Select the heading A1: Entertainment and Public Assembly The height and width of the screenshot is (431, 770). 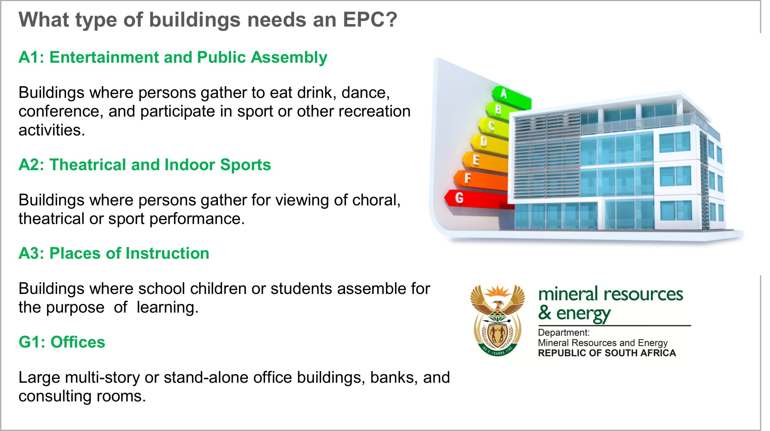coord(173,57)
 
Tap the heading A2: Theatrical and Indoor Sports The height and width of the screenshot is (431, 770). coord(145,165)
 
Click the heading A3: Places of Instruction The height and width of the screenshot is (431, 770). coord(114,253)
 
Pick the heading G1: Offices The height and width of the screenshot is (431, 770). coord(62,342)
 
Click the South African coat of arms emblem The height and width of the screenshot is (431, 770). coord(497,320)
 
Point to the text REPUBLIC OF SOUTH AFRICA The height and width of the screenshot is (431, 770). coord(607,353)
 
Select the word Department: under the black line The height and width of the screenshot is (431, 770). coord(564,332)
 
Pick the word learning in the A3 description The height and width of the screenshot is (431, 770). coord(167,307)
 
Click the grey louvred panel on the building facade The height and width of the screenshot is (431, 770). coord(546,156)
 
